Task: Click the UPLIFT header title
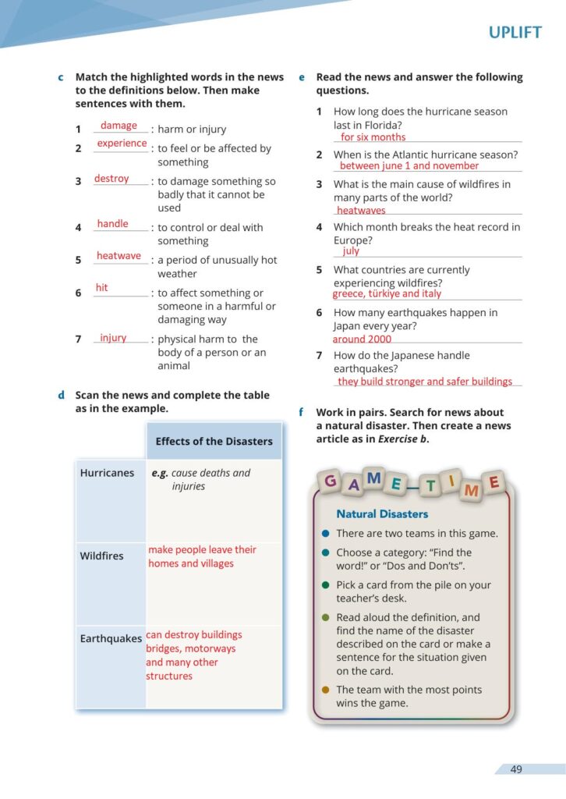tap(515, 33)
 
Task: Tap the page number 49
tap(516, 769)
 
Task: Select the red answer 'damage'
tap(119, 126)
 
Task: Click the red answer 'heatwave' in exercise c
tap(119, 256)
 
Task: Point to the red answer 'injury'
tap(113, 338)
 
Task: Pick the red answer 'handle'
tap(112, 224)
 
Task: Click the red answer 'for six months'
tap(373, 137)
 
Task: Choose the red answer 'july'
tap(351, 251)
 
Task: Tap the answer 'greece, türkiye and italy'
tap(387, 294)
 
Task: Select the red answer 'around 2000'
tap(362, 339)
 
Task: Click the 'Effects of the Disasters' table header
tap(214, 442)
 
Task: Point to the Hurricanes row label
tap(107, 473)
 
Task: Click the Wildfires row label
tap(101, 556)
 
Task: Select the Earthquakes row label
tap(111, 639)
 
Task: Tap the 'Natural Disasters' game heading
tap(382, 514)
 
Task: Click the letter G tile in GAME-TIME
tap(331, 481)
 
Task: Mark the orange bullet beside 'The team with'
tap(325, 690)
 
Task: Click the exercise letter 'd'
tap(61, 396)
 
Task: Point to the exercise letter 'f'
tap(301, 412)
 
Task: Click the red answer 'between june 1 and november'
tap(409, 165)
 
